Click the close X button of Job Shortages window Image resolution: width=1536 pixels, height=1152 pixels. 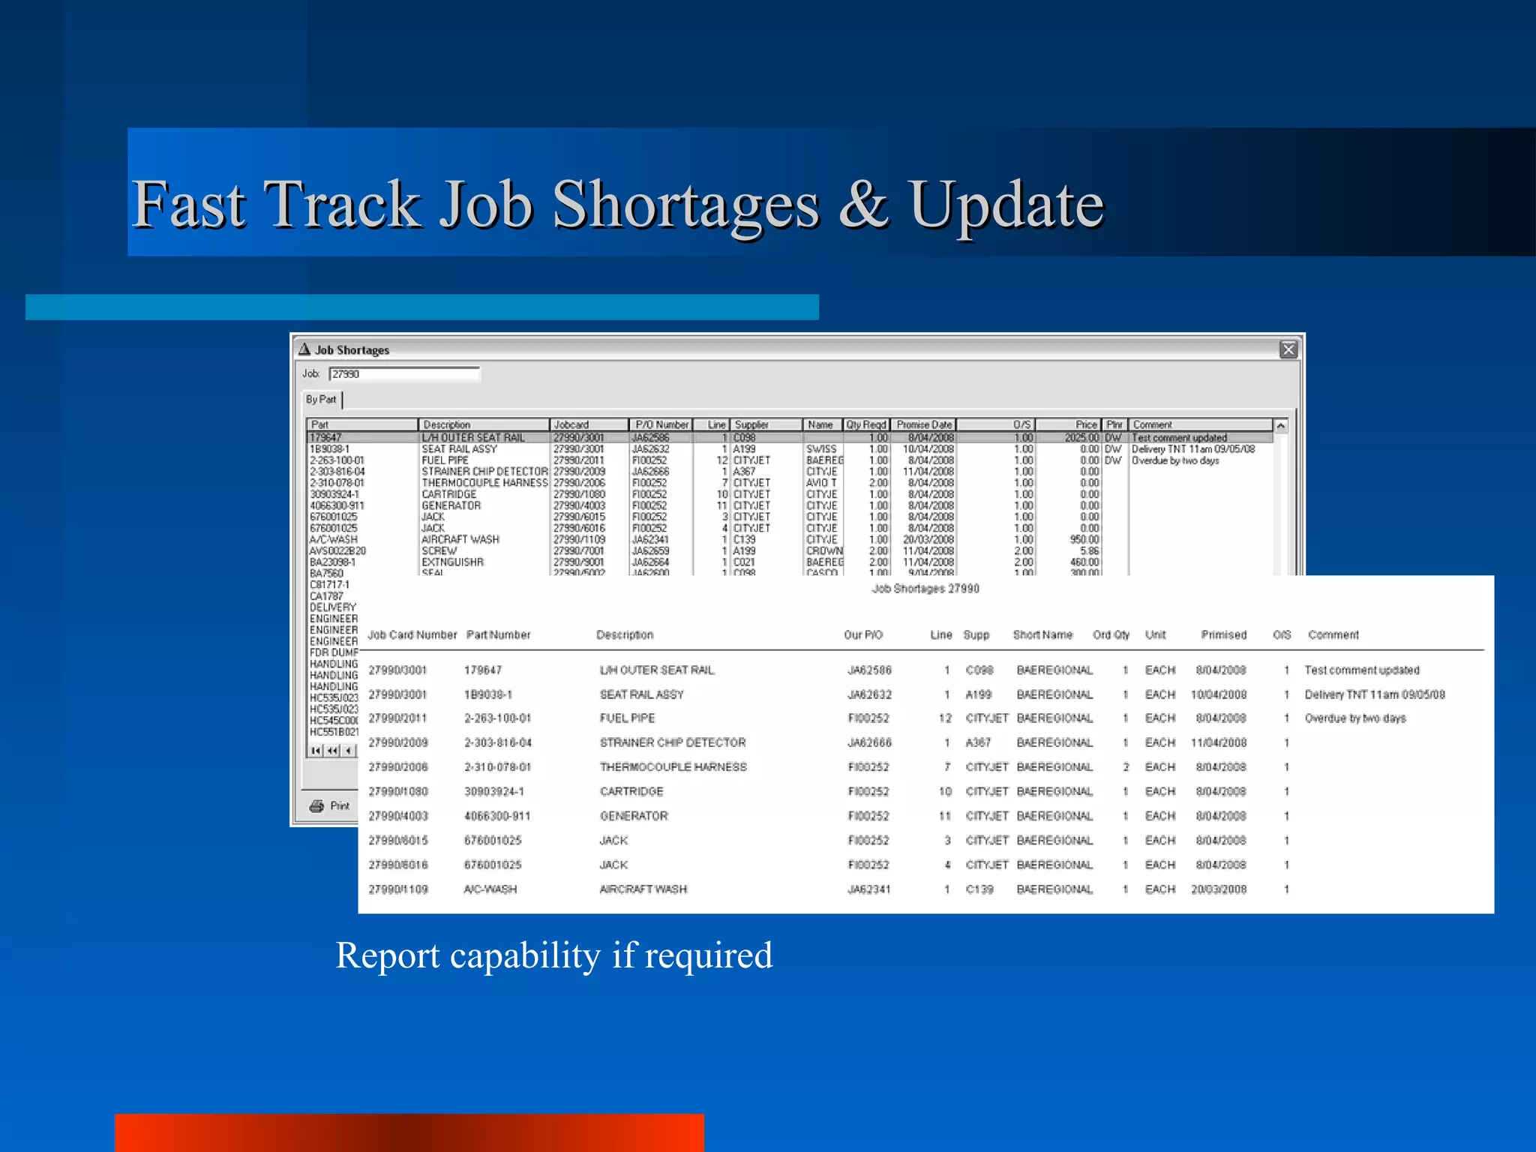(1288, 349)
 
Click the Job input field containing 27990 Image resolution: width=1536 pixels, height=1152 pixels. (403, 373)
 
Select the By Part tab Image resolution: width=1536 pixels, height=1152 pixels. (321, 399)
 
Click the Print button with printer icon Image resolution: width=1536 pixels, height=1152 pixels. (330, 805)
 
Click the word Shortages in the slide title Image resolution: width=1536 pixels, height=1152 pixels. (685, 205)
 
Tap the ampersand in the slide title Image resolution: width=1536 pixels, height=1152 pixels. (862, 205)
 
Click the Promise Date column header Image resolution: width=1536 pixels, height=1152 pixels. (923, 424)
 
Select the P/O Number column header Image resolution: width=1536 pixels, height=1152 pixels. (660, 424)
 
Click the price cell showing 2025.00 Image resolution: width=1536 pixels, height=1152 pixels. (1081, 437)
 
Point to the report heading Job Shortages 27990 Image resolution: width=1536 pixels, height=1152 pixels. (925, 589)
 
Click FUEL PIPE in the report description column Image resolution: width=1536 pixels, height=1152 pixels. (627, 718)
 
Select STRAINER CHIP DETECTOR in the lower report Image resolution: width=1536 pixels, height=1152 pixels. (672, 742)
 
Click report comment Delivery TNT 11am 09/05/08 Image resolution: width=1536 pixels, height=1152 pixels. (1374, 694)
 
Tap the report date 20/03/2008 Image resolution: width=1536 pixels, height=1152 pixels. (1219, 889)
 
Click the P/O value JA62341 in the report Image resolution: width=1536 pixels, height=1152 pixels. (868, 889)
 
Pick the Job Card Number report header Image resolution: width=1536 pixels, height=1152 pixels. (412, 634)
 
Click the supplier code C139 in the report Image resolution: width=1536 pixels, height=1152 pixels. (979, 889)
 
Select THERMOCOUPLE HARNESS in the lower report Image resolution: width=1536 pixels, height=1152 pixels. (673, 767)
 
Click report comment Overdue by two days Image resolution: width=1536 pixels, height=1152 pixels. (1354, 718)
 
